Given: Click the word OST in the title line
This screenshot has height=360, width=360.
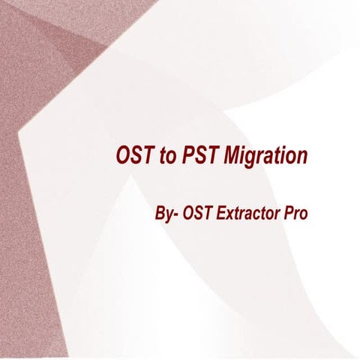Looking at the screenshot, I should click(132, 156).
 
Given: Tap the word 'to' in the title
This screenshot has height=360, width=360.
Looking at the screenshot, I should click(165, 156).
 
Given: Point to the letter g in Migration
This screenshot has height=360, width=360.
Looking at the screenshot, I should click(251, 159).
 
